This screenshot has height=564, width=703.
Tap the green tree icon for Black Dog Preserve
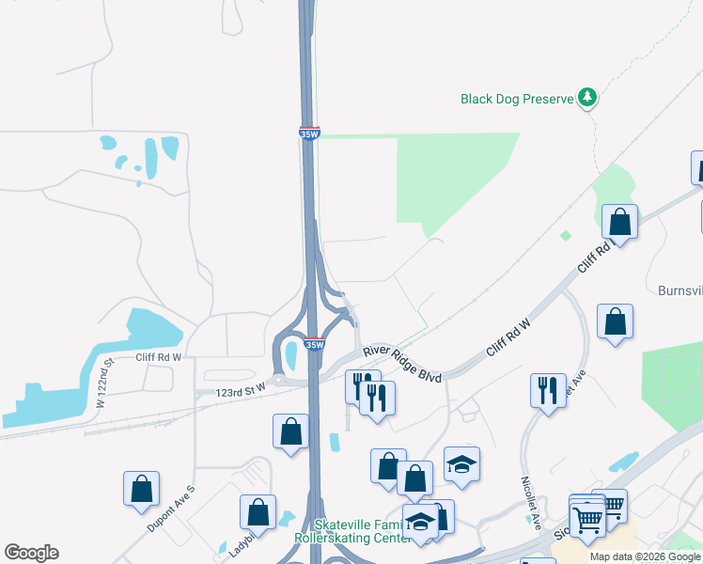(587, 96)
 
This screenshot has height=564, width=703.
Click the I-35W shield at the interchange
(314, 345)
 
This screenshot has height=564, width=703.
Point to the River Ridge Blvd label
(401, 363)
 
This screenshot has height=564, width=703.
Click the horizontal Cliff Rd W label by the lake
(158, 357)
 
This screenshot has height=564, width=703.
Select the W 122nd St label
(104, 381)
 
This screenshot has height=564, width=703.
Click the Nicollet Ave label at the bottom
(529, 491)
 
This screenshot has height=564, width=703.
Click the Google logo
(31, 553)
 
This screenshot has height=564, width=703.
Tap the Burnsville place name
(679, 290)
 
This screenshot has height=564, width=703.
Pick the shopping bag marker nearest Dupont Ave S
(141, 488)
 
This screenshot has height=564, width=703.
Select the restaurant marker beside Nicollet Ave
(548, 388)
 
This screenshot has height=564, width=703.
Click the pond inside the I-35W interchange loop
(290, 355)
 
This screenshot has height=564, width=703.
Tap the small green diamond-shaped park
(566, 235)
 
